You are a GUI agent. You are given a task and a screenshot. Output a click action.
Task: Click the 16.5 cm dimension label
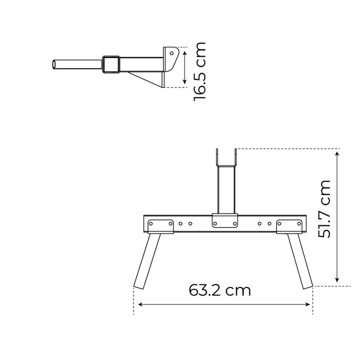[x=199, y=71]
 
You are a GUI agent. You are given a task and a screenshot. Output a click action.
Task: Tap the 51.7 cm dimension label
[x=324, y=209]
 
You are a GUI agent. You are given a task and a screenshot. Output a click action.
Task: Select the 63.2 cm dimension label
[x=219, y=290]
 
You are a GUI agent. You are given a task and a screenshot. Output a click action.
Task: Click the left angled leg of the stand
[x=147, y=261]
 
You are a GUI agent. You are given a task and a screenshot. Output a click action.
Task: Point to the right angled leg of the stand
[x=300, y=261]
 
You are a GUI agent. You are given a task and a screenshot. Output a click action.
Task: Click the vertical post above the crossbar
[x=226, y=189]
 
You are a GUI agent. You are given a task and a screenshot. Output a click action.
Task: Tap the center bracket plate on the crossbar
[x=225, y=220]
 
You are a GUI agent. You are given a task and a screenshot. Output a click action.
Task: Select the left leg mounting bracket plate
[x=160, y=226]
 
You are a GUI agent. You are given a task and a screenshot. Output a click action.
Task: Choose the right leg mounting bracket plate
[x=289, y=226]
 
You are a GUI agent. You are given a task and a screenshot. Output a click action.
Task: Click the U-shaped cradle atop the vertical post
[x=226, y=165]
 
